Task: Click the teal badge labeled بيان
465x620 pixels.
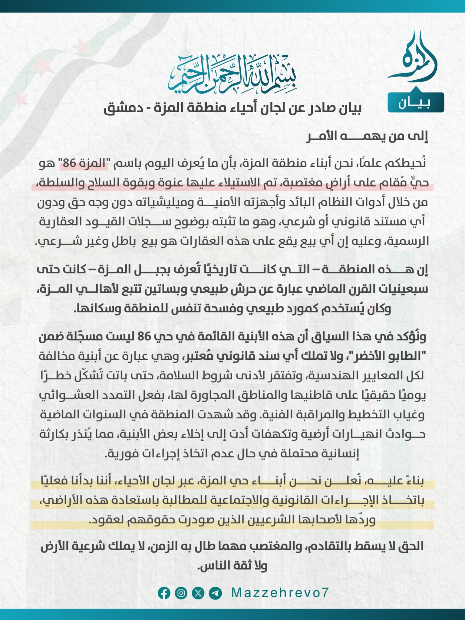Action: click(x=416, y=103)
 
